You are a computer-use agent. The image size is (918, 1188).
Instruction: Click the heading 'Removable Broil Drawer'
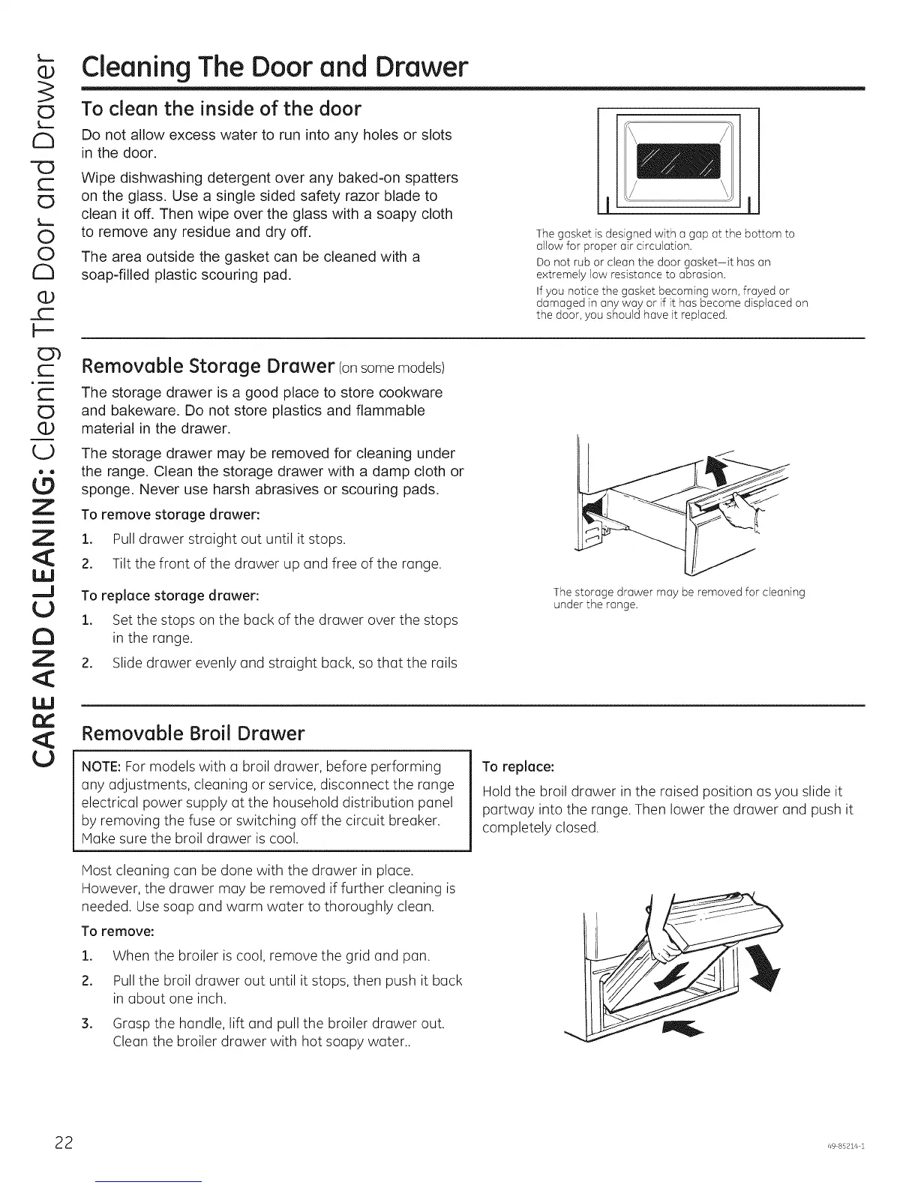[193, 733]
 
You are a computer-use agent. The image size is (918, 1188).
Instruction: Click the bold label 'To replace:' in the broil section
[518, 766]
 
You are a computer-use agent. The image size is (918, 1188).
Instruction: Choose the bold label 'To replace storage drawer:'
[170, 595]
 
